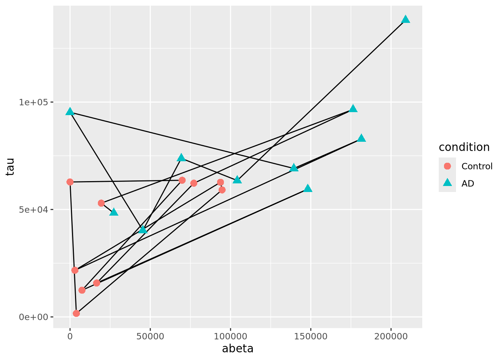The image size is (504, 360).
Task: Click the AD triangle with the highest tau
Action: (x=405, y=19)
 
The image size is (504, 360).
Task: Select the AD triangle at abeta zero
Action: (x=70, y=112)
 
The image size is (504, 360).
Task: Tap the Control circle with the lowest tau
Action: (x=76, y=313)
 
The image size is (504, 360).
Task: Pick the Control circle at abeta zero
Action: (x=70, y=182)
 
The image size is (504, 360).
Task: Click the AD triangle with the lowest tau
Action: (x=142, y=229)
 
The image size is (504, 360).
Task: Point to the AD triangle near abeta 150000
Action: (x=308, y=188)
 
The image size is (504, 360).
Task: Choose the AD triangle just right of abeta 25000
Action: (x=114, y=212)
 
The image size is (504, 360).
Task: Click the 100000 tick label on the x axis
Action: (x=230, y=336)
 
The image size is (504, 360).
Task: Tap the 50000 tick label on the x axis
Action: (x=150, y=336)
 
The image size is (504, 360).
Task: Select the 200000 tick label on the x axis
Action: (x=391, y=336)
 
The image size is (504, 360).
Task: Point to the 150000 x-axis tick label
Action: (x=310, y=336)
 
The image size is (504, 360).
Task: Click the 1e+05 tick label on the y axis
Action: (x=35, y=102)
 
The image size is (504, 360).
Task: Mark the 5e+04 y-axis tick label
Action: (x=35, y=209)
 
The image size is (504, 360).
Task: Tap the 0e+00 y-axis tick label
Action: (x=35, y=317)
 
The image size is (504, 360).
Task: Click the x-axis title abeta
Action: (x=238, y=349)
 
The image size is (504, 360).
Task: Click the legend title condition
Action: (x=464, y=147)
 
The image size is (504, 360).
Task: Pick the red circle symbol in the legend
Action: (x=447, y=166)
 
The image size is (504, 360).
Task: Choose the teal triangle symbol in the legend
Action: (x=447, y=183)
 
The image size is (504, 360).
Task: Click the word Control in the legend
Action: (x=477, y=166)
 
